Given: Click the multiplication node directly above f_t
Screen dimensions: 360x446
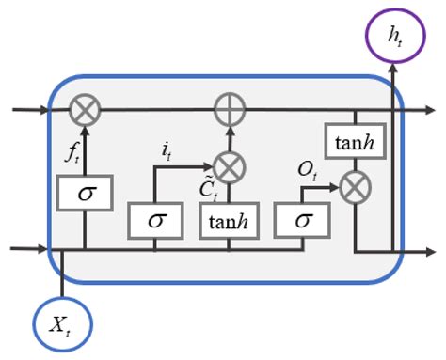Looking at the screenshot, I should click(86, 111).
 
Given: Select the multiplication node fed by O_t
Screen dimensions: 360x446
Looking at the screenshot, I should click(353, 187).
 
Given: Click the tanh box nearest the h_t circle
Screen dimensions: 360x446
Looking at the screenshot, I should click(353, 143).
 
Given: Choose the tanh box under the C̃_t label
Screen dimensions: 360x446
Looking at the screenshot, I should click(225, 220).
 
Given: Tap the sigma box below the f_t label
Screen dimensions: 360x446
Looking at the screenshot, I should click(86, 194).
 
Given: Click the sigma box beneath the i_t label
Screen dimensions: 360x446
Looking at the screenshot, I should click(154, 220).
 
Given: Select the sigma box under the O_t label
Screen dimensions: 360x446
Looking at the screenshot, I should click(301, 220).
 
